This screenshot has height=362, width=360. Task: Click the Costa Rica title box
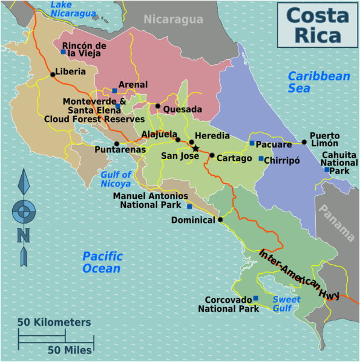tap(317, 25)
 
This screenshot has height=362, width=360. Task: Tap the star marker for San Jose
tap(195, 148)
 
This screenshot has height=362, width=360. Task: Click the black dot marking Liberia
tap(53, 74)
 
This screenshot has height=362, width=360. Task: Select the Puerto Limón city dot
tap(304, 142)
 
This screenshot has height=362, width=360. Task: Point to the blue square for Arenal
tap(114, 91)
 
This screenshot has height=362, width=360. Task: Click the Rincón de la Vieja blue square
tap(63, 51)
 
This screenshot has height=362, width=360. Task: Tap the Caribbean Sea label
tap(319, 82)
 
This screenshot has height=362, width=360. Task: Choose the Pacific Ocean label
tap(102, 262)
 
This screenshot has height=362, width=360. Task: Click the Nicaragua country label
tap(173, 19)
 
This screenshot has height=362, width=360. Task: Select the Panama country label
tap(338, 222)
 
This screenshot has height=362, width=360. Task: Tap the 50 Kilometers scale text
tap(54, 322)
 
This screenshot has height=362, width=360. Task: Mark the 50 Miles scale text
tap(70, 349)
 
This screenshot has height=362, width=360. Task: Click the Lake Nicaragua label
tap(73, 8)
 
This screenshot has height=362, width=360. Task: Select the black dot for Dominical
tap(220, 219)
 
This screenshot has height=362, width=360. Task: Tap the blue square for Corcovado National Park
tap(255, 298)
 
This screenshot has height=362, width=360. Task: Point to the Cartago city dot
tap(212, 155)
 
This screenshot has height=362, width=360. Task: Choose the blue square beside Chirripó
tap(261, 158)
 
